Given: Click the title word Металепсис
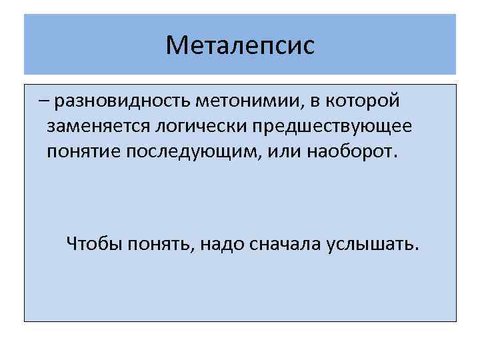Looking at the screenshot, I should [240, 45].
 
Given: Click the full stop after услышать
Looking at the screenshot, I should [418, 250].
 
